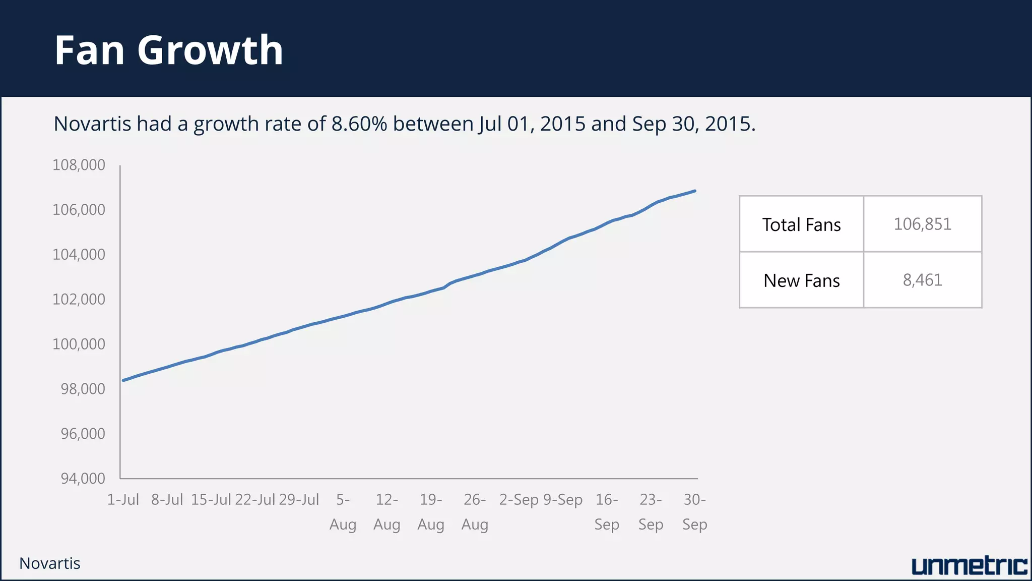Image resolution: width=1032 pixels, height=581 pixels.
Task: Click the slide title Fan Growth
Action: (x=169, y=50)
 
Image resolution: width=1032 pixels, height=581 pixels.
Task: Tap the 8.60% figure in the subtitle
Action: (x=359, y=124)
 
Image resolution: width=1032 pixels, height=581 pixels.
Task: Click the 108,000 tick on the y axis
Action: (x=79, y=165)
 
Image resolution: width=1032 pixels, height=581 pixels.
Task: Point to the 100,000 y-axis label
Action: (x=79, y=344)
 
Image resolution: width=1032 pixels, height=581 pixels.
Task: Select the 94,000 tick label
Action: (x=83, y=478)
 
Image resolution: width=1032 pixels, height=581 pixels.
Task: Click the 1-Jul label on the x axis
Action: (x=123, y=500)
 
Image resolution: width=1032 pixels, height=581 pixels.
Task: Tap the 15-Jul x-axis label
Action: (x=211, y=500)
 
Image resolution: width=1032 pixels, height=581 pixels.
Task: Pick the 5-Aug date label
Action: (x=343, y=512)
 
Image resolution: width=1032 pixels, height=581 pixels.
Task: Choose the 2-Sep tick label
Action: (x=519, y=500)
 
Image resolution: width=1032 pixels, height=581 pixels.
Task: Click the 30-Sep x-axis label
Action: (x=694, y=512)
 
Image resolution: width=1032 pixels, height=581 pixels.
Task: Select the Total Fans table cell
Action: (x=801, y=224)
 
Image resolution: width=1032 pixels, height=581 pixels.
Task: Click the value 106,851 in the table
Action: (x=922, y=224)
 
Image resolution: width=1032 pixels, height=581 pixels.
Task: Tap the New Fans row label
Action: (x=801, y=280)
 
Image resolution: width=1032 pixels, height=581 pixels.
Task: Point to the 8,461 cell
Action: (x=922, y=280)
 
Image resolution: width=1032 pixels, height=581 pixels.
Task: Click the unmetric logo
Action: (x=969, y=566)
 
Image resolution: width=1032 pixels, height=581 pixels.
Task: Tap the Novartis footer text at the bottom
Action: (x=50, y=563)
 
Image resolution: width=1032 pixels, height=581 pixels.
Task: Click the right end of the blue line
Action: (x=695, y=191)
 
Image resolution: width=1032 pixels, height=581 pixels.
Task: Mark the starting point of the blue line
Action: (x=123, y=380)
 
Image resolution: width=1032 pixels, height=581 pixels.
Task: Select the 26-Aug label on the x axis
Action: (x=475, y=512)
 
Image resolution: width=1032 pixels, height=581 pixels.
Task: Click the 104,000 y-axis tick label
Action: (x=79, y=254)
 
